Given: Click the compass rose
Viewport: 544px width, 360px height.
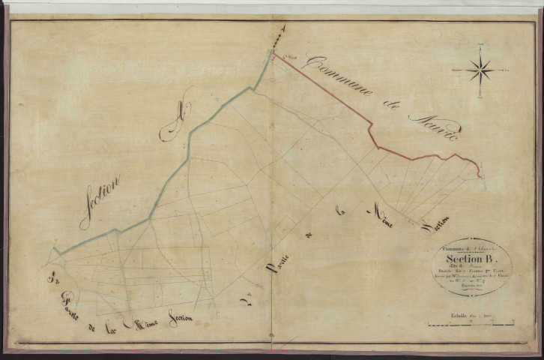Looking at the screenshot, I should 480,71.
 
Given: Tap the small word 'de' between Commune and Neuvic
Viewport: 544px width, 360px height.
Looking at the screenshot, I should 390,105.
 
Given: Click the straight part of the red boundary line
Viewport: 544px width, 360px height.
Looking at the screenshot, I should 322,88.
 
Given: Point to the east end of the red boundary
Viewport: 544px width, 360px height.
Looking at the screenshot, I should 479,176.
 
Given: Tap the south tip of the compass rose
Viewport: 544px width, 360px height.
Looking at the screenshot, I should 480,95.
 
